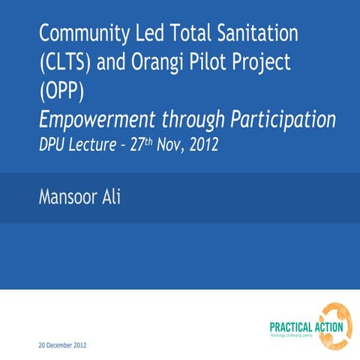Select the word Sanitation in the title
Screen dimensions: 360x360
tap(251, 34)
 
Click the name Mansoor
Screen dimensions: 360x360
tap(73, 197)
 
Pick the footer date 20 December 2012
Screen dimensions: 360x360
tap(63, 346)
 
